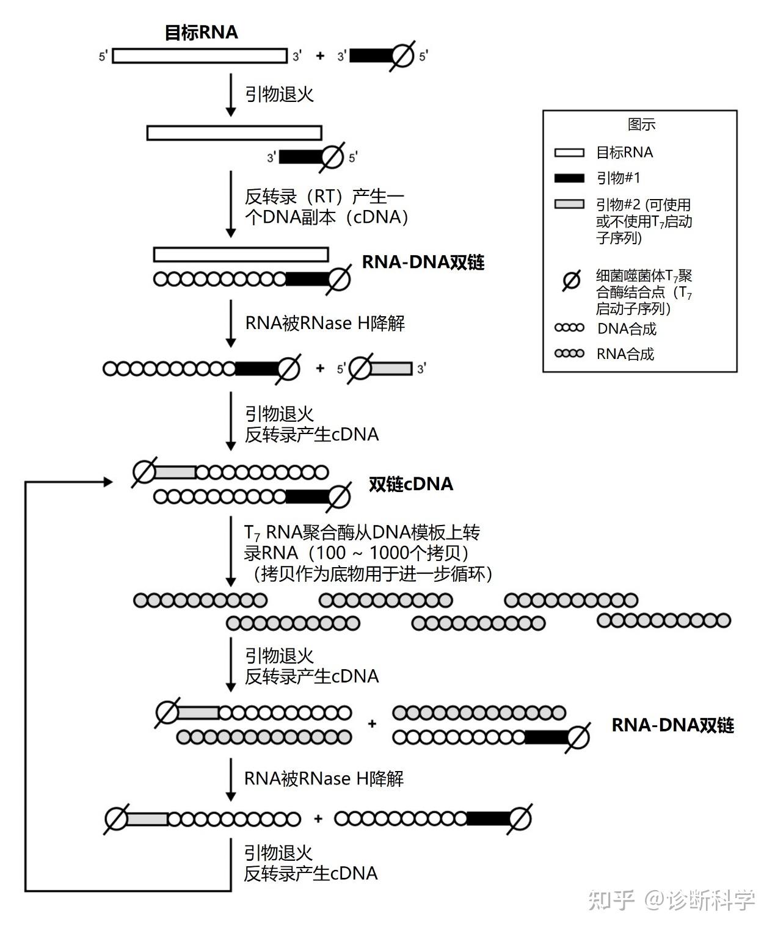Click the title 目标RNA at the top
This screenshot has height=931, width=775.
click(x=201, y=32)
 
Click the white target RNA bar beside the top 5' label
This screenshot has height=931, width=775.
click(x=200, y=56)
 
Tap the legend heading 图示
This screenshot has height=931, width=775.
click(x=641, y=125)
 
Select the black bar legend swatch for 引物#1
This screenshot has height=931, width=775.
click(x=569, y=178)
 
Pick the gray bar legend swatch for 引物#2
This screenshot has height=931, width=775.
click(x=569, y=205)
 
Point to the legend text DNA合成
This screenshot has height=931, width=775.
click(x=627, y=329)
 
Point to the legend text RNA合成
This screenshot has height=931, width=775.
click(x=625, y=354)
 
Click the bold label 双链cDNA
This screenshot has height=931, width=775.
click(x=411, y=484)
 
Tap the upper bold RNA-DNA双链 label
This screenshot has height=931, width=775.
click(x=423, y=262)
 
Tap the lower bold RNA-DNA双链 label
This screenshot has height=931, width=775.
click(x=672, y=725)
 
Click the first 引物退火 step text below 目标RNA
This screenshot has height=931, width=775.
click(x=279, y=94)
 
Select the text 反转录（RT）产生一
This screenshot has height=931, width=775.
click(x=324, y=197)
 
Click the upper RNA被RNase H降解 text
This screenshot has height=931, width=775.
click(x=325, y=323)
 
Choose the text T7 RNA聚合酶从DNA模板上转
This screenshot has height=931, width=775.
click(x=362, y=532)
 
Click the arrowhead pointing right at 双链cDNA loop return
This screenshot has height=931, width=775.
click(x=108, y=482)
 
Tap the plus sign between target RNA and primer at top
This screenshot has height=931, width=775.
click(x=320, y=56)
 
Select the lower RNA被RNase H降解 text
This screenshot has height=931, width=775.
click(x=324, y=778)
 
